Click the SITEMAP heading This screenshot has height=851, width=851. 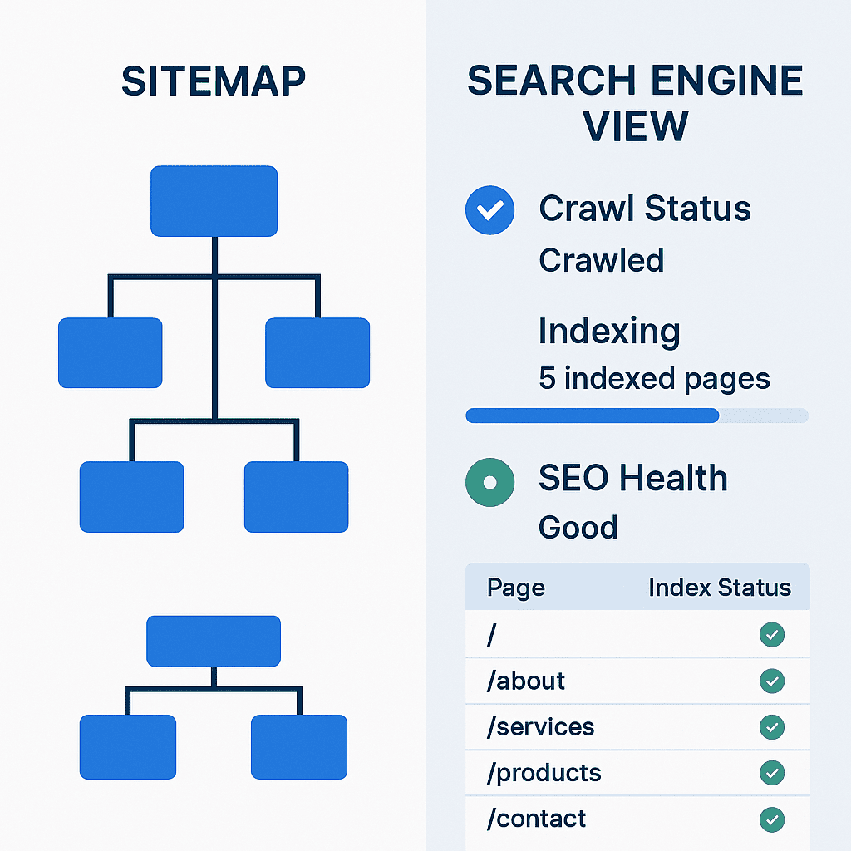(x=214, y=81)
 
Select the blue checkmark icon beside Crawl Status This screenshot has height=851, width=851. (x=490, y=210)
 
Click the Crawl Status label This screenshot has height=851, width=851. (x=645, y=209)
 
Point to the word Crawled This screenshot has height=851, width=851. (x=601, y=261)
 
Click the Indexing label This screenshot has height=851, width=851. (x=609, y=332)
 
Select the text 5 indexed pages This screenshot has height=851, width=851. (x=654, y=379)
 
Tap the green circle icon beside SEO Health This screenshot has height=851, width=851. (x=490, y=481)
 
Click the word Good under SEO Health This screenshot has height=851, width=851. (x=578, y=528)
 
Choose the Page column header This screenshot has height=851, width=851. (x=516, y=588)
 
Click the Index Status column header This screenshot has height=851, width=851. (x=719, y=588)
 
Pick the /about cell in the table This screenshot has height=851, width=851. (x=526, y=681)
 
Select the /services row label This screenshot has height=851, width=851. (x=541, y=727)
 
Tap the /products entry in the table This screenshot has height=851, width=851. (x=544, y=773)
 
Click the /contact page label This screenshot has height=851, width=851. (x=537, y=819)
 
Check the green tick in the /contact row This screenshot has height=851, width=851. (x=772, y=819)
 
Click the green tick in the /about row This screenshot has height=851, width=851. (x=772, y=681)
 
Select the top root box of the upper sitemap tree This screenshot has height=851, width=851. (x=214, y=200)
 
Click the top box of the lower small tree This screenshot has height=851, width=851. (x=214, y=641)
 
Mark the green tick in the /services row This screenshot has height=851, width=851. (x=772, y=727)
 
